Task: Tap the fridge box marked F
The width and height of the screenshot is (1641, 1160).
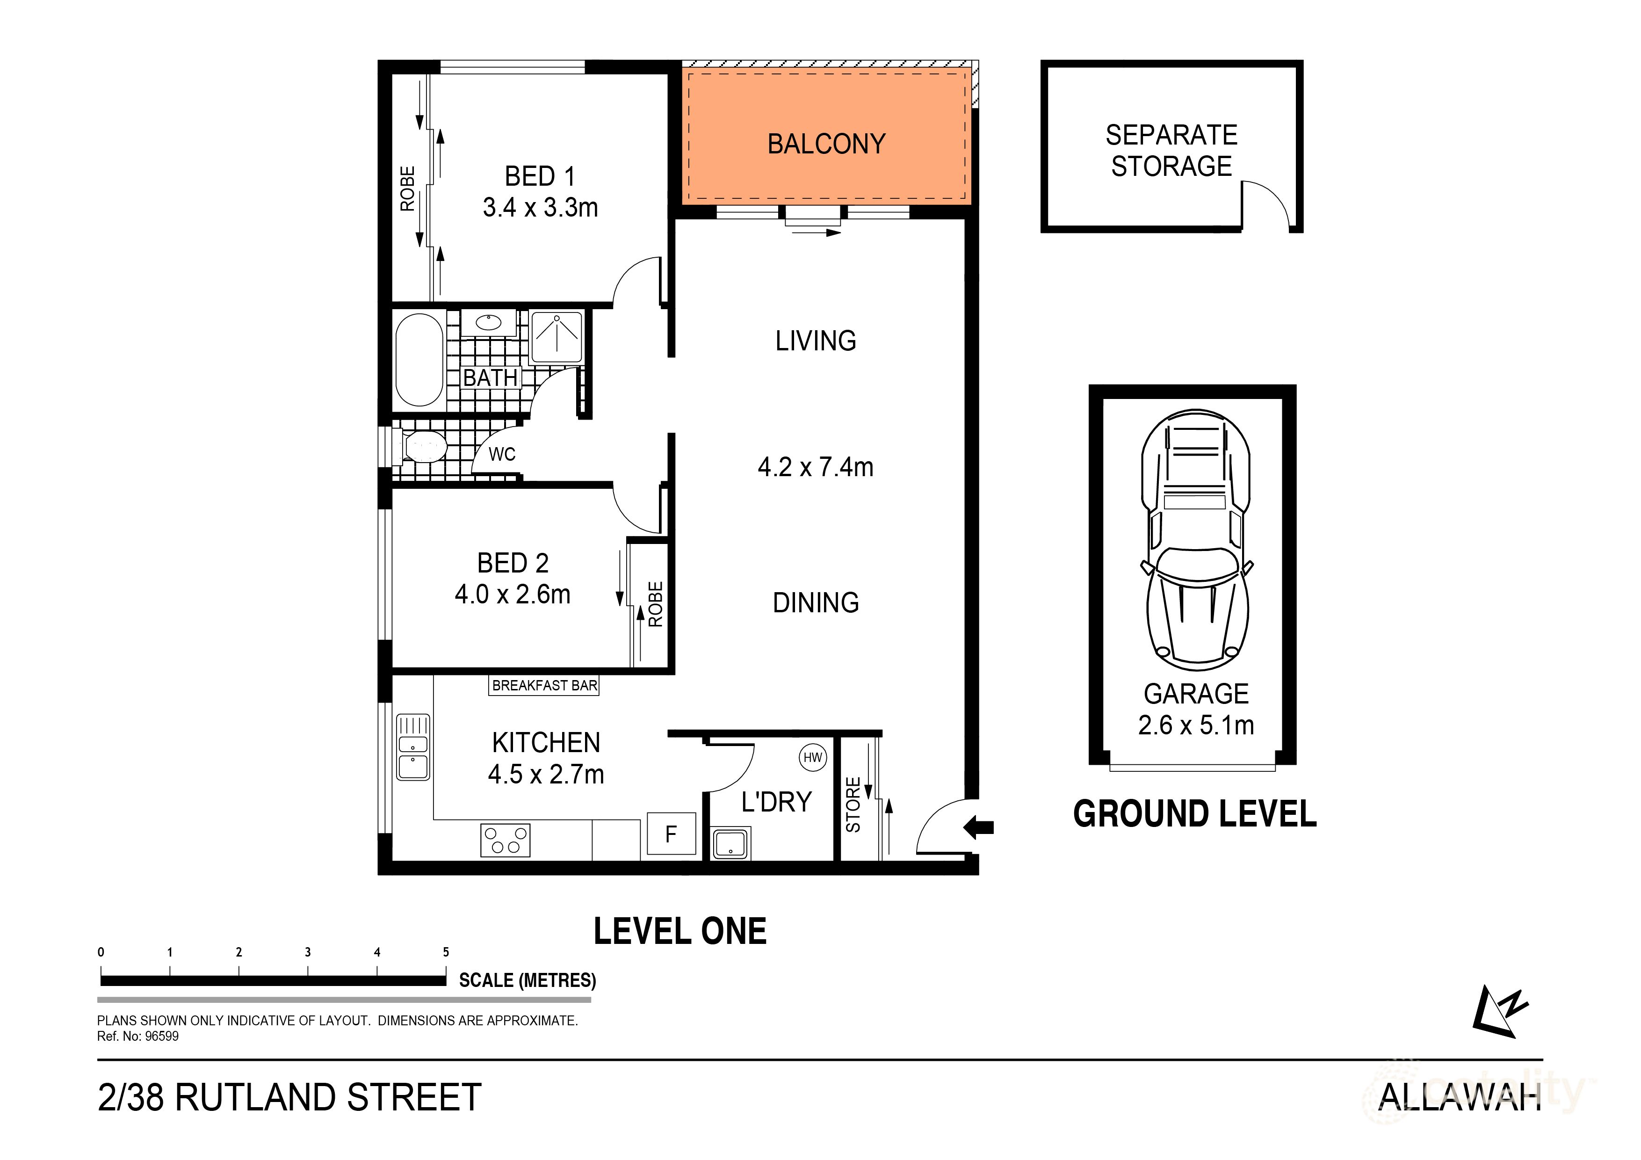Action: click(x=671, y=834)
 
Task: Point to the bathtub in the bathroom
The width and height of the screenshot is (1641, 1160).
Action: click(x=419, y=360)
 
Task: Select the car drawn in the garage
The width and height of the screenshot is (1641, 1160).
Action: click(x=1196, y=540)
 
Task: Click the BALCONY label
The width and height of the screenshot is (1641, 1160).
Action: click(x=826, y=145)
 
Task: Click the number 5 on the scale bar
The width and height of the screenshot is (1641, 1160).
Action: click(x=446, y=952)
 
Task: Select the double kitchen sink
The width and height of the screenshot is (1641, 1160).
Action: click(x=413, y=747)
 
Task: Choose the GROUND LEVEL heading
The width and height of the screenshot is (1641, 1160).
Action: click(x=1194, y=814)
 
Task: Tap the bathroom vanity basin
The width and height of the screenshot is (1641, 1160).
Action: click(x=488, y=322)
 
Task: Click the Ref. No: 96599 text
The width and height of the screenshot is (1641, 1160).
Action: click(x=138, y=1037)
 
